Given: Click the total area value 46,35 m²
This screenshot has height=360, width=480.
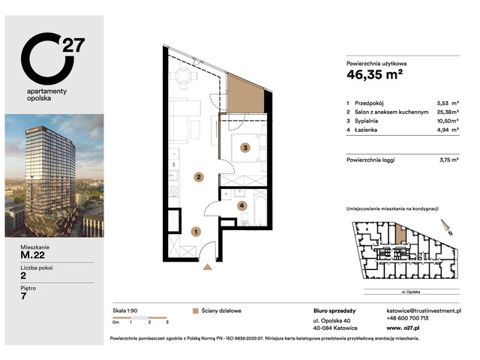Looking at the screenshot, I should click(x=379, y=74).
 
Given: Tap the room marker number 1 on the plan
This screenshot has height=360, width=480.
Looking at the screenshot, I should click(x=196, y=232).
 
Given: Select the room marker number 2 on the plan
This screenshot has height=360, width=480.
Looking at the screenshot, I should click(x=198, y=178).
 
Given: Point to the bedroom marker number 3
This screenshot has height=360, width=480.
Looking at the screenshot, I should click(x=244, y=148).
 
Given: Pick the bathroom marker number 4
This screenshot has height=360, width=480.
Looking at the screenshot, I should click(x=241, y=205).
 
